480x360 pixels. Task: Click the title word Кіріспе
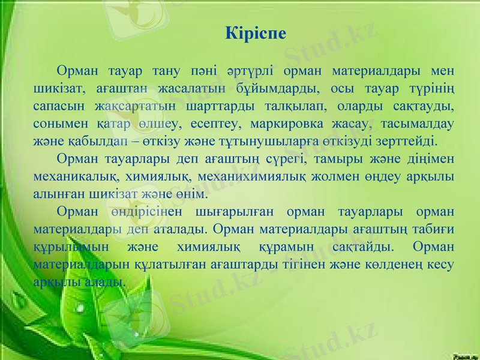click(256, 32)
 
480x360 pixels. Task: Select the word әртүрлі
click(248, 72)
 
